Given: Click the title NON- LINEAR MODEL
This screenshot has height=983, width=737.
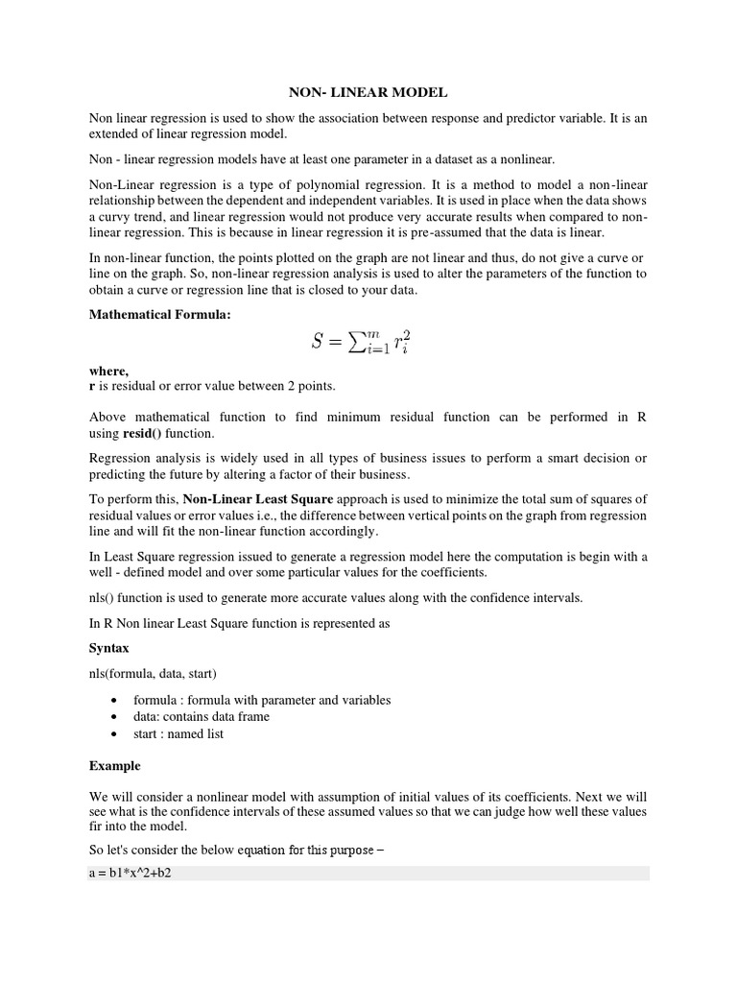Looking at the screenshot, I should (368, 93).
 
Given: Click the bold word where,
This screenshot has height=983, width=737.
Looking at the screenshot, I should (108, 372).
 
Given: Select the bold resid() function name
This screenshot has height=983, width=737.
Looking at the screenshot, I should (141, 433).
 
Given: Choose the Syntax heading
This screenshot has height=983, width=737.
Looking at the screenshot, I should (108, 648).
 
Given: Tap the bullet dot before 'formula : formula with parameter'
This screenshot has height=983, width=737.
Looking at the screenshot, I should (115, 701).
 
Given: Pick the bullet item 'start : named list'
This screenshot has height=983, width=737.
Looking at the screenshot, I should (178, 734).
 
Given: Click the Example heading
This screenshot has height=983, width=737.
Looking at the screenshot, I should (114, 766).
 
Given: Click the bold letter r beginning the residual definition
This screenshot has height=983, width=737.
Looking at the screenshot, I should (92, 386).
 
